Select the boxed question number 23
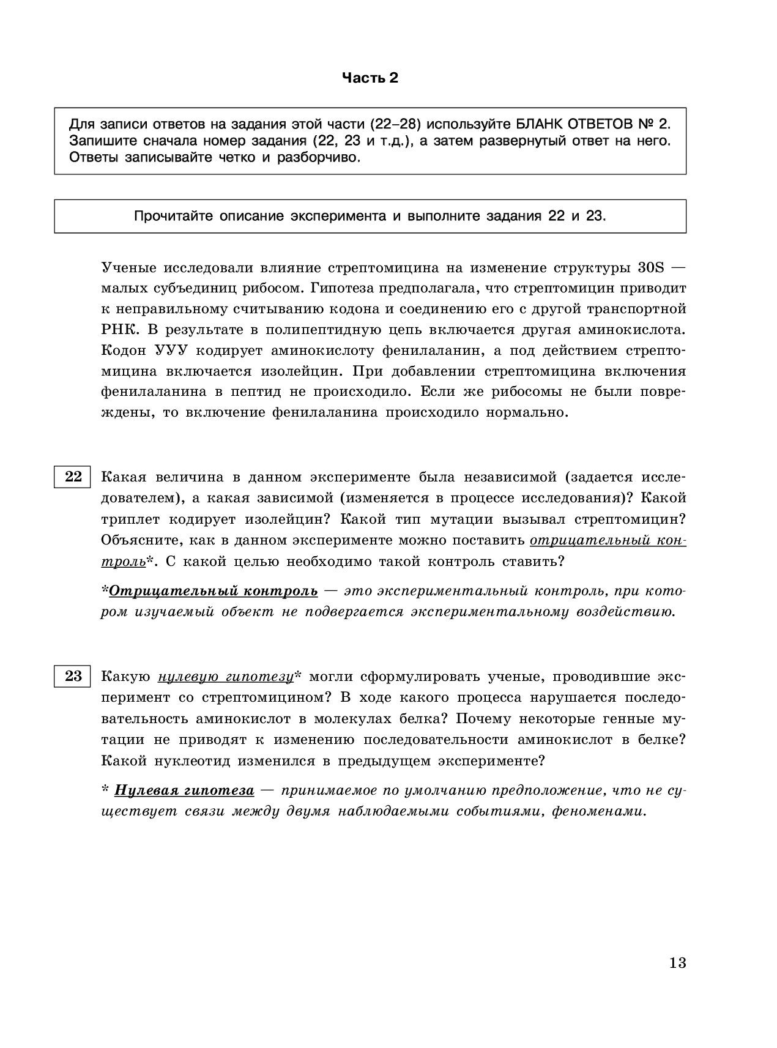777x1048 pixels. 73,676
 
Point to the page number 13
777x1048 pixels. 677,963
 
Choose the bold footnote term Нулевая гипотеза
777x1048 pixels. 184,790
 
